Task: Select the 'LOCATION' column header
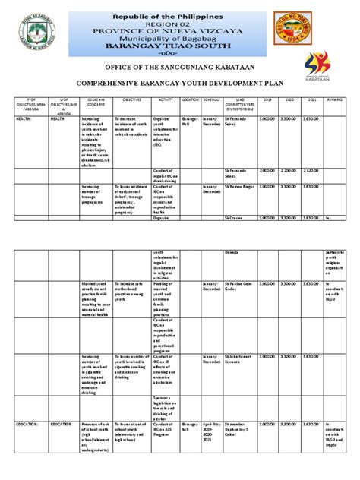click(191, 99)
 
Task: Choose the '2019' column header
click(267, 99)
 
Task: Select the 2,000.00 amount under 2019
click(267, 171)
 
